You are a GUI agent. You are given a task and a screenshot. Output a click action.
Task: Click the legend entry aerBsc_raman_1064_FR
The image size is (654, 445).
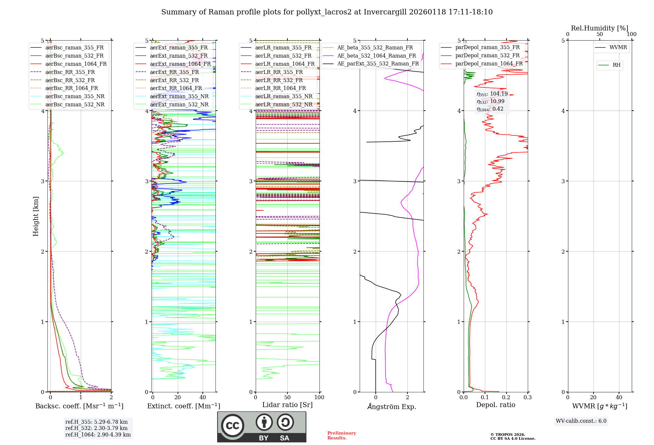(76, 64)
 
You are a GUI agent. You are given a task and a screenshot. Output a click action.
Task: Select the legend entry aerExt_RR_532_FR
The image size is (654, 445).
(174, 80)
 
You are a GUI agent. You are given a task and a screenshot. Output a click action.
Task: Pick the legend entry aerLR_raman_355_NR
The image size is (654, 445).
(284, 97)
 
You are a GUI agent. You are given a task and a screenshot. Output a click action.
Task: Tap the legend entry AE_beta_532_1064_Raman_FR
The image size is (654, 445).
(376, 56)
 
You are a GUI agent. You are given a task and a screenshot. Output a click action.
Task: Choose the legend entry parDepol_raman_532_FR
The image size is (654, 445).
(487, 56)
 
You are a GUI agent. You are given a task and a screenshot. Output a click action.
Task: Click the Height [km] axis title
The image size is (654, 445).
(36, 216)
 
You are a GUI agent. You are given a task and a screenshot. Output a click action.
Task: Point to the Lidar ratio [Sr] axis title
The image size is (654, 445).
(287, 405)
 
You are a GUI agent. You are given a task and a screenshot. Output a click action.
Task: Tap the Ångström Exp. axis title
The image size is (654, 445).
(391, 407)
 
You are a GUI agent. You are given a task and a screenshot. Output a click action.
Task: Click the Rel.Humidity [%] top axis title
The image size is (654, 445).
(599, 28)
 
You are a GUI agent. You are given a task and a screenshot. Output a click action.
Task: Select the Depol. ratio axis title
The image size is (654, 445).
(495, 405)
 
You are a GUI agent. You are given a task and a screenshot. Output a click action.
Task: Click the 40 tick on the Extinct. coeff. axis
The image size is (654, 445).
(203, 398)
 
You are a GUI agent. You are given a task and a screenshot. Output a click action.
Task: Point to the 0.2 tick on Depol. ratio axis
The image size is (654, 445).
(506, 398)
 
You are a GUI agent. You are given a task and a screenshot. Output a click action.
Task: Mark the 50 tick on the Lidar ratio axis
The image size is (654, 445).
(287, 398)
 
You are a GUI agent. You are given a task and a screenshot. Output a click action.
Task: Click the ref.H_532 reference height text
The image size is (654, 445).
(96, 428)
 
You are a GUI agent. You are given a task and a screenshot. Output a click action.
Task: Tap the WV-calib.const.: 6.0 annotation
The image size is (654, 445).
(581, 421)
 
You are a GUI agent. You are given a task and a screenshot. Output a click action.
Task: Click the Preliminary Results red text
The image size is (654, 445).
(341, 436)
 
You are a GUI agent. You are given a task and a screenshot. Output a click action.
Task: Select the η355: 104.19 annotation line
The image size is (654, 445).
(492, 94)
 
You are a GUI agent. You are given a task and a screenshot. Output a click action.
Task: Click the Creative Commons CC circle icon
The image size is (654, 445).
(232, 426)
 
